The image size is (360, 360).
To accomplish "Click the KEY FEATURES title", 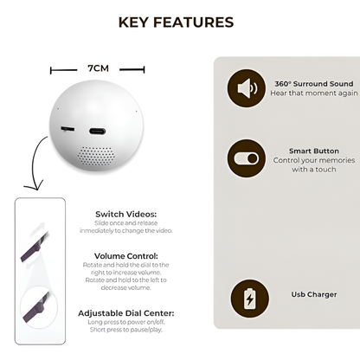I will click(x=175, y=22).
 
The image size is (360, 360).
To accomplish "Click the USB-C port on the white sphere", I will click(x=97, y=131).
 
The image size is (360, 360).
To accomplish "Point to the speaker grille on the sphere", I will click(x=98, y=153).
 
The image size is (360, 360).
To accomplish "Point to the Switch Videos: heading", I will click(x=125, y=214).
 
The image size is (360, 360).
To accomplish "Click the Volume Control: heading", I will click(x=125, y=256).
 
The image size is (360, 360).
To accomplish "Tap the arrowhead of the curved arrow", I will click(x=34, y=185).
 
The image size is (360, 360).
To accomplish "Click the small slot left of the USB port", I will click(x=67, y=129).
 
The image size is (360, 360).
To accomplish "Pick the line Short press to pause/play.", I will click(x=126, y=330).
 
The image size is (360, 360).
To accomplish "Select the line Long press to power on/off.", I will click(x=126, y=322).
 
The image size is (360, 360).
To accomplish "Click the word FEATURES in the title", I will click(x=196, y=22).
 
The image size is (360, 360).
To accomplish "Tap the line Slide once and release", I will click(x=126, y=223).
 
